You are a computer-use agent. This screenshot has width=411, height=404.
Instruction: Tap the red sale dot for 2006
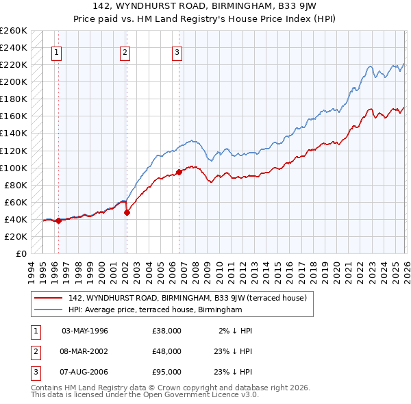point(179,172)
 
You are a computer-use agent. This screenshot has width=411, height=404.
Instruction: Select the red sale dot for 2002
point(127,212)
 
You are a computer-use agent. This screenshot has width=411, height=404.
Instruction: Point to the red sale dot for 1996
point(58,220)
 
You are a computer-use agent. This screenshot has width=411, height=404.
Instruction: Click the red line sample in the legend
point(49,298)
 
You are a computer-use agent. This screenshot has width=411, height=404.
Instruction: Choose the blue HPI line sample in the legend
point(49,310)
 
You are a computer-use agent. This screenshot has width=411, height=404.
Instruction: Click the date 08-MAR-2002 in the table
point(85,351)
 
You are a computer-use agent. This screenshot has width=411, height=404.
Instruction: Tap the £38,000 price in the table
point(166,331)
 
